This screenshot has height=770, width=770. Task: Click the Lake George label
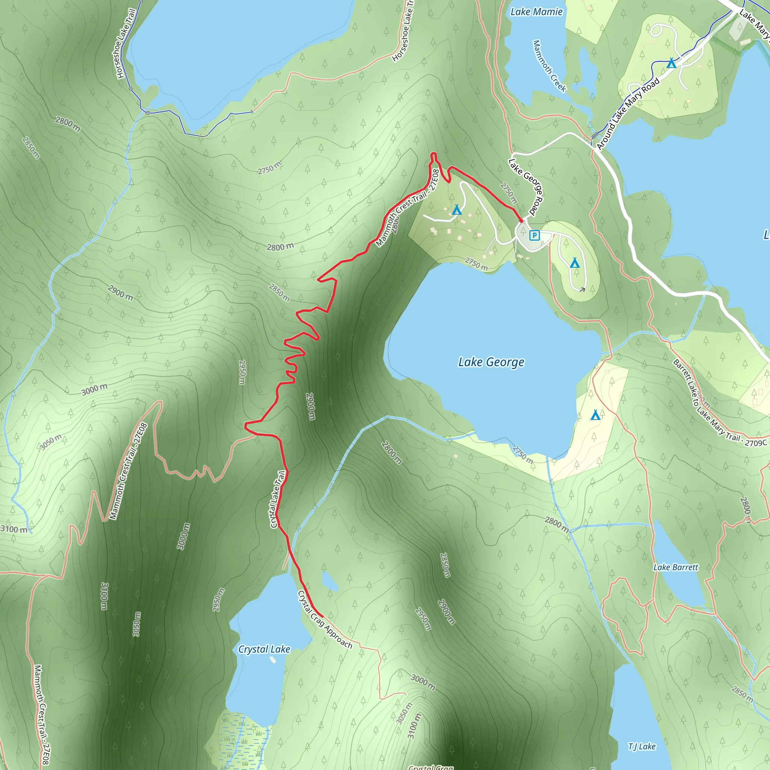click(x=491, y=362)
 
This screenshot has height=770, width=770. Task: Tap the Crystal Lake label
click(x=264, y=649)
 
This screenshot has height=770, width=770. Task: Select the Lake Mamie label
click(x=536, y=12)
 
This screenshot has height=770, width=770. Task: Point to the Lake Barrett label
click(x=676, y=567)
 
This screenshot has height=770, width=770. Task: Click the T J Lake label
click(x=642, y=746)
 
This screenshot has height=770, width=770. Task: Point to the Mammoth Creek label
click(x=549, y=66)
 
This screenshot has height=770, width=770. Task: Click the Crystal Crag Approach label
click(x=325, y=620)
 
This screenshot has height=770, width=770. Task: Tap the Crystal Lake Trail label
click(x=277, y=499)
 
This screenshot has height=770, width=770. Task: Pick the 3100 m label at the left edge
click(x=14, y=529)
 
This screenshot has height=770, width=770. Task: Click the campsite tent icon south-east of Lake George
click(x=595, y=415)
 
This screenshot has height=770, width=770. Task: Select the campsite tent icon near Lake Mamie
click(x=671, y=63)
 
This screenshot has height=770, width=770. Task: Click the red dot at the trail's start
click(x=521, y=220)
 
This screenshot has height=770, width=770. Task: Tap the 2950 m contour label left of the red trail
click(x=242, y=372)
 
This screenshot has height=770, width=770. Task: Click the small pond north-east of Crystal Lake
click(x=330, y=582)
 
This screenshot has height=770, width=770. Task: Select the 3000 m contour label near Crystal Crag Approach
click(x=423, y=682)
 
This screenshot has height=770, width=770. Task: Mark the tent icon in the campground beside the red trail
click(x=457, y=210)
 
